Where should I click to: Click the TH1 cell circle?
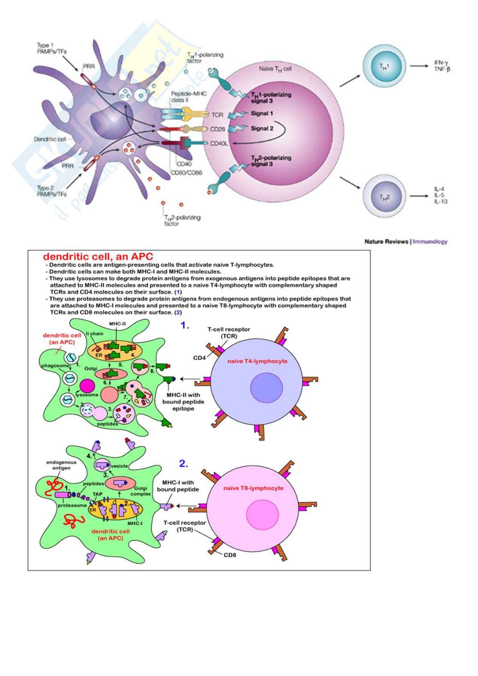tap(384, 66)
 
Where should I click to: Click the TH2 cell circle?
tap(384, 197)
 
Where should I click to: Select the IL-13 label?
tap(441, 202)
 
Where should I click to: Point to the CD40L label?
tap(219, 144)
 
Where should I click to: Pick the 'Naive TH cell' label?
tap(275, 69)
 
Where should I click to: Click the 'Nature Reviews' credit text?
tap(386, 242)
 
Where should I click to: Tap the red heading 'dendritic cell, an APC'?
tap(98, 257)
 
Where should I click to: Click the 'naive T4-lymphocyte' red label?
tap(257, 361)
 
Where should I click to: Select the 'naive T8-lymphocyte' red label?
tap(253, 488)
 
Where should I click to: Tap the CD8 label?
tap(230, 555)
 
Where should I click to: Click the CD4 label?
tap(199, 358)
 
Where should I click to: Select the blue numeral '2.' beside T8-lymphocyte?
tap(183, 464)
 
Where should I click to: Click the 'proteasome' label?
tap(72, 506)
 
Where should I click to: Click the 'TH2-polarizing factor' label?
tap(182, 220)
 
